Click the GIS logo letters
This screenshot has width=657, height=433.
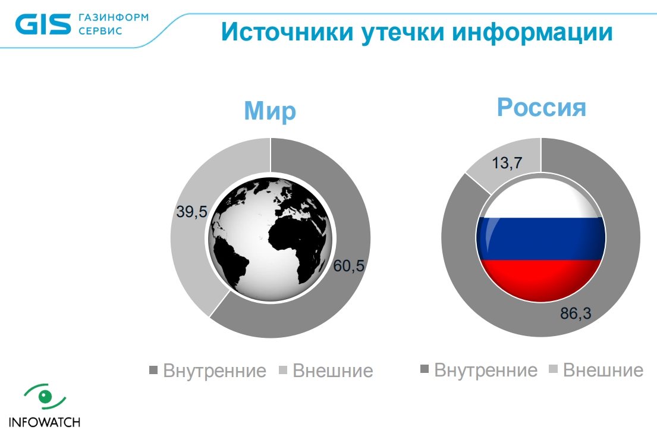(x=43, y=24)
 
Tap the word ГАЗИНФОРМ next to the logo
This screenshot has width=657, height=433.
(x=114, y=18)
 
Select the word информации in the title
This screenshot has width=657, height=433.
(x=532, y=32)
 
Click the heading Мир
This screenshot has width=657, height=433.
(x=270, y=111)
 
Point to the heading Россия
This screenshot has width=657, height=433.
(x=541, y=107)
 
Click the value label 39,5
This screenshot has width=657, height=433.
(x=192, y=212)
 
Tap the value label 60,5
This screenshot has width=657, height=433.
(x=348, y=266)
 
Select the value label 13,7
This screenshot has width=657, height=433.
(x=507, y=162)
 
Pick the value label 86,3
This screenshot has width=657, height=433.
(x=576, y=313)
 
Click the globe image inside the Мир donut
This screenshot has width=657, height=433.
(x=271, y=238)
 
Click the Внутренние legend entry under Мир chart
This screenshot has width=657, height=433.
(x=208, y=371)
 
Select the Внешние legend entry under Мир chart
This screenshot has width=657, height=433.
(x=326, y=371)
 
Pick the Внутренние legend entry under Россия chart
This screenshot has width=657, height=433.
(x=479, y=370)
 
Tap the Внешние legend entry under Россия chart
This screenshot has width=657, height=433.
(x=596, y=370)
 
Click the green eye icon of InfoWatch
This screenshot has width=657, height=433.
(x=45, y=397)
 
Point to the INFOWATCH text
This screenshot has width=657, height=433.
(x=45, y=422)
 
